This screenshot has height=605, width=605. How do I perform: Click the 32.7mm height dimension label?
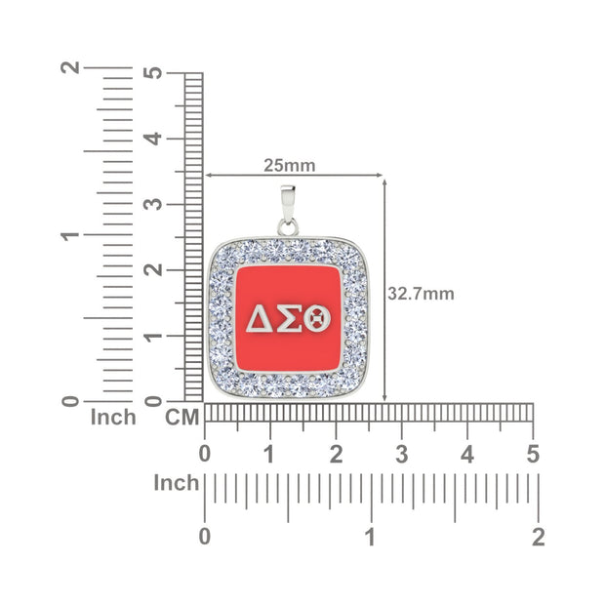[421, 293]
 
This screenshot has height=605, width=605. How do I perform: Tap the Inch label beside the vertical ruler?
[113, 418]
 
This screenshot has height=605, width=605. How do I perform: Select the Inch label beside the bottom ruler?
[177, 483]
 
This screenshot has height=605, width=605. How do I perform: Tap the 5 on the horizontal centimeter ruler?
[533, 454]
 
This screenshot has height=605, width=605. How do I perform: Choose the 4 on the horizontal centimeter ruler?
[467, 454]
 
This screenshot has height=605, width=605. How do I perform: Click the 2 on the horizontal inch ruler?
[538, 536]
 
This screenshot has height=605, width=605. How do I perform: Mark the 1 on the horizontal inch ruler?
[371, 536]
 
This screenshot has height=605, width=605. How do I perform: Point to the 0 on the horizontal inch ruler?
[204, 536]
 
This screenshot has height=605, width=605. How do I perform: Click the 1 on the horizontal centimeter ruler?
[270, 454]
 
